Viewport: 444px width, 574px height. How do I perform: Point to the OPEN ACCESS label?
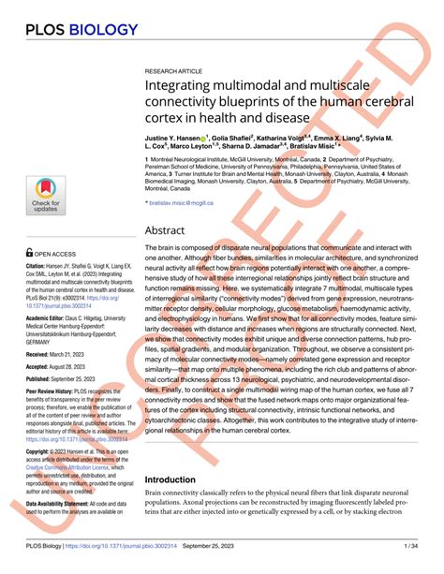point(53,253)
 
